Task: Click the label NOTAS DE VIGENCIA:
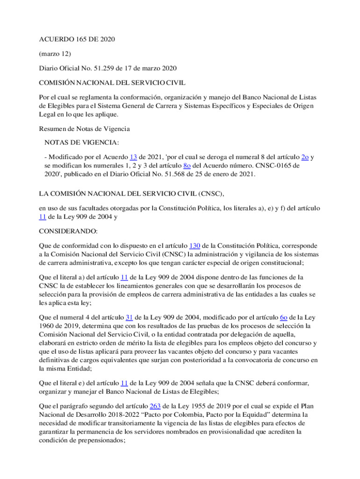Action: pos(82,142)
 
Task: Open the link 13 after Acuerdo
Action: pos(133,157)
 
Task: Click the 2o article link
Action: pos(305,157)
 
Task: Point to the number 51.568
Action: pos(190,174)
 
